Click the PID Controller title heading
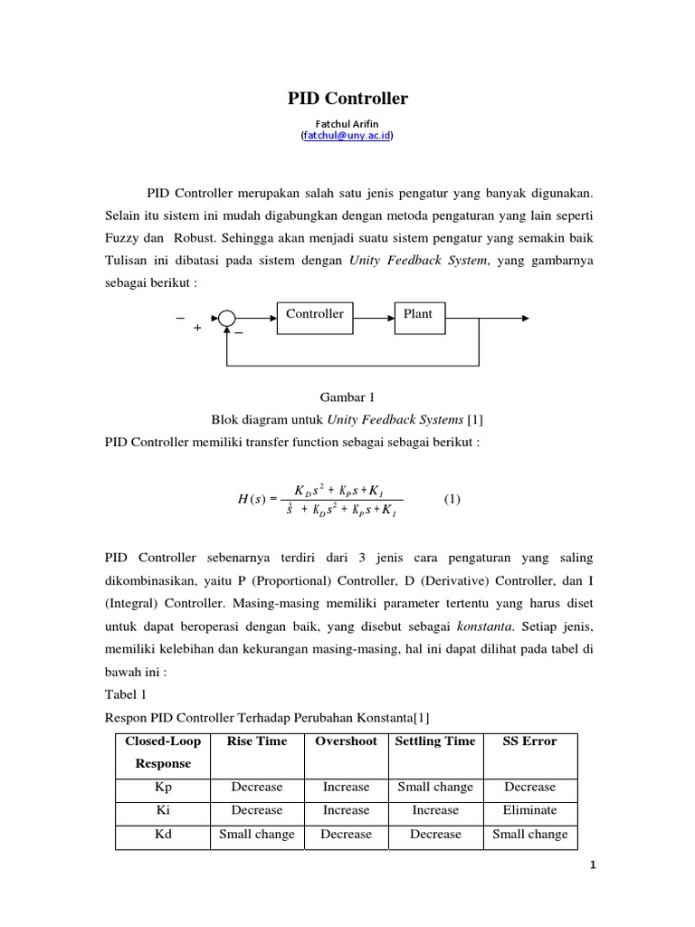coord(347,99)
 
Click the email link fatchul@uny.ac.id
coord(347,135)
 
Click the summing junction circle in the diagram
coord(226,318)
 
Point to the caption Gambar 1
coord(347,397)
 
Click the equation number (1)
coord(452,499)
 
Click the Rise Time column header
coord(257,741)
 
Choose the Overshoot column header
coord(346,741)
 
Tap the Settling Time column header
coord(435,741)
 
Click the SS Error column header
coord(529,741)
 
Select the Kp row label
coord(163,788)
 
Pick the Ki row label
coord(163,811)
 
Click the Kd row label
coord(163,835)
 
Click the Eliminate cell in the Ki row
coord(529,811)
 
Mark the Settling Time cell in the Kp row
coord(435,788)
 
